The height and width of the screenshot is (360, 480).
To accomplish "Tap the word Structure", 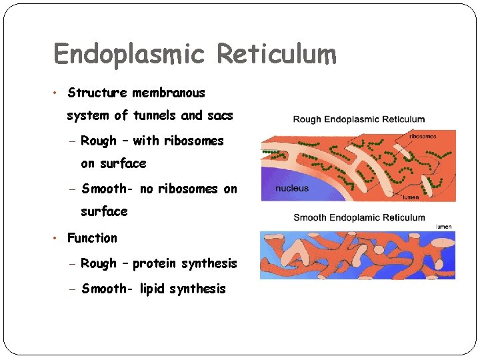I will [98, 93].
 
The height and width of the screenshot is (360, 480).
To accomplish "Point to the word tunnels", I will [155, 115].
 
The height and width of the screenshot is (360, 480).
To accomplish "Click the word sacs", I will [220, 115].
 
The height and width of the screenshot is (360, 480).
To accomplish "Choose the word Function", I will [92, 238].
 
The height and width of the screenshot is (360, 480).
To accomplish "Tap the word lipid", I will [153, 289].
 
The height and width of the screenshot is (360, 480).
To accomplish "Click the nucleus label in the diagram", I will [292, 188].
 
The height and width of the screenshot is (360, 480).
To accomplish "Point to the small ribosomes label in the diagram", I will [423, 136].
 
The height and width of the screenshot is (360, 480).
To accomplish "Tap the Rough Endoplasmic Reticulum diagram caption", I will [359, 119].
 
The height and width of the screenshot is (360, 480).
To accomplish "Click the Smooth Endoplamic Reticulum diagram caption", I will [359, 217].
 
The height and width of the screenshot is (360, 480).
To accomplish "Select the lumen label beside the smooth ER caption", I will [443, 227].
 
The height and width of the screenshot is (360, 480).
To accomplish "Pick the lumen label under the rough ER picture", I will [411, 197].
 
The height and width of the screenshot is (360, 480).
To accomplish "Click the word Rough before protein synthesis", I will [99, 263].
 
